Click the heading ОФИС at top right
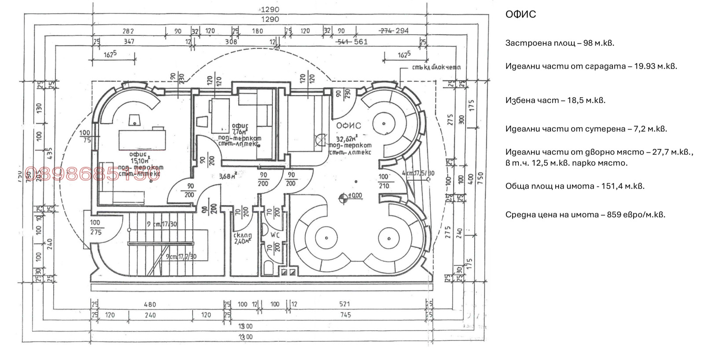click(x=521, y=15)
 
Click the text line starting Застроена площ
click(x=559, y=43)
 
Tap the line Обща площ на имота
click(x=575, y=186)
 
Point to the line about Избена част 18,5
click(x=555, y=100)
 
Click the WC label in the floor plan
click(x=275, y=235)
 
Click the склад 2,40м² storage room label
click(x=242, y=238)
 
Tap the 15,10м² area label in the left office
click(x=140, y=161)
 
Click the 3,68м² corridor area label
click(x=228, y=176)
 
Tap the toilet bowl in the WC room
click(x=268, y=268)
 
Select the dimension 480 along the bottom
click(x=150, y=304)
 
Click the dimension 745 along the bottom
click(x=345, y=315)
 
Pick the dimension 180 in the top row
click(x=257, y=31)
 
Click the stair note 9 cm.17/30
click(x=162, y=224)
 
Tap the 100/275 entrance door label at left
click(x=95, y=228)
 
